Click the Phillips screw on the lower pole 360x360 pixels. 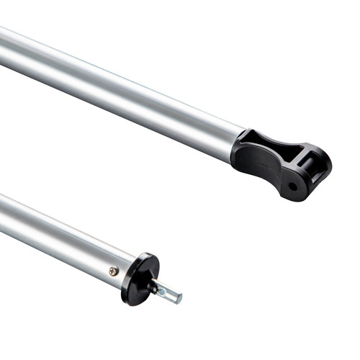click(x=114, y=271)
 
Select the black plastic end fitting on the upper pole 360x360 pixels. click(x=281, y=162)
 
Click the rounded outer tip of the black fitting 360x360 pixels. click(x=328, y=166)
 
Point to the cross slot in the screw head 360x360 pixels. click(x=114, y=271)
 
